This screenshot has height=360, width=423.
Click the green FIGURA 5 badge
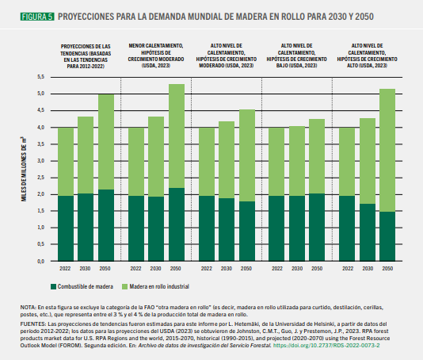(37, 17)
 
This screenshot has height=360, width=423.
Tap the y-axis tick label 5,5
(40, 77)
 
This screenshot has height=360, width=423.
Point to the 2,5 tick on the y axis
(40, 178)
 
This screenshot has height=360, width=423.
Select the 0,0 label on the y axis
(40, 261)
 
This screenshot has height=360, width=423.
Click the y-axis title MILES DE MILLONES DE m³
(24, 169)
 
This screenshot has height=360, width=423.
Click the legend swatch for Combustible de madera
(53, 286)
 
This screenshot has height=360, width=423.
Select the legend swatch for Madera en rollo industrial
(124, 286)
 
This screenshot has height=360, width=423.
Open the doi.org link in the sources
(326, 346)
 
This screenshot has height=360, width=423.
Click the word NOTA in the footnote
(28, 308)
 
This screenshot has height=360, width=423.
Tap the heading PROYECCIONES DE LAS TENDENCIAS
(86, 56)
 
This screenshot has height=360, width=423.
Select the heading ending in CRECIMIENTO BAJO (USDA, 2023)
(297, 56)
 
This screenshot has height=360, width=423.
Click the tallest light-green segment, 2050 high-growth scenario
(387, 150)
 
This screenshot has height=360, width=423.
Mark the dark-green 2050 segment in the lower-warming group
(177, 224)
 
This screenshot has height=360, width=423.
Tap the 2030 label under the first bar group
(85, 269)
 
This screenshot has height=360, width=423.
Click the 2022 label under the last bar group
(348, 269)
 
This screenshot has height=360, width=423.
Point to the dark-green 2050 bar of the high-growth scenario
(387, 236)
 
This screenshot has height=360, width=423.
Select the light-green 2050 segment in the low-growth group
(317, 156)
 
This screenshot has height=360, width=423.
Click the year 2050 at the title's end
(364, 17)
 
